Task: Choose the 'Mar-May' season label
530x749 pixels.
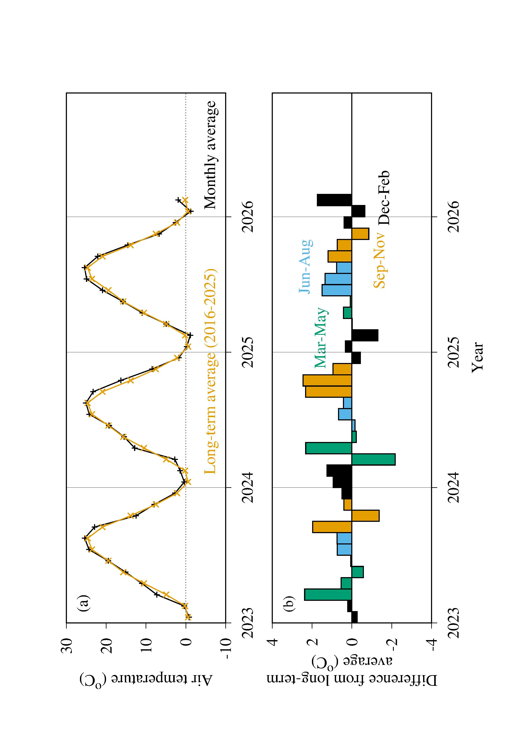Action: tap(321, 338)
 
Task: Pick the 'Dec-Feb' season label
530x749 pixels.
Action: tap(384, 198)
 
